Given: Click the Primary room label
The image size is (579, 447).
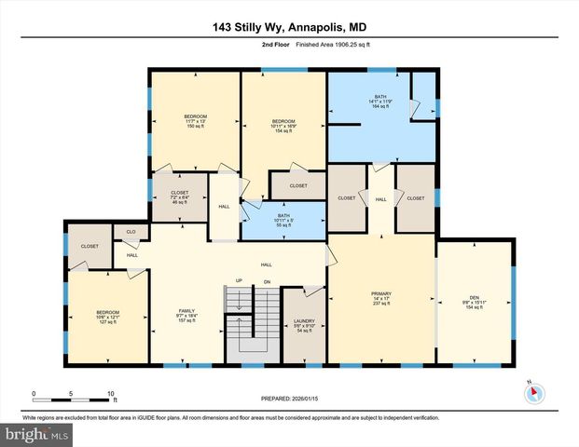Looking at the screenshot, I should tap(381, 298).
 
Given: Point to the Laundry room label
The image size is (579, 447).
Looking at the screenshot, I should tap(304, 325).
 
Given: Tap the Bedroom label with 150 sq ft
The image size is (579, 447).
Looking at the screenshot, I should tap(195, 122).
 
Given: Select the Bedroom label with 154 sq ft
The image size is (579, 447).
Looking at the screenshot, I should tap(283, 126).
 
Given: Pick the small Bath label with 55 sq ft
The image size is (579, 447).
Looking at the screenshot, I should tap(283, 222).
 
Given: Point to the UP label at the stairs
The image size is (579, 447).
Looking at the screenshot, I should tap(240, 280).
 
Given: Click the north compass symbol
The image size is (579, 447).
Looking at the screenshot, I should tap(533, 391).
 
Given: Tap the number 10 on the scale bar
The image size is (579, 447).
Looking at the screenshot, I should tap(111, 393).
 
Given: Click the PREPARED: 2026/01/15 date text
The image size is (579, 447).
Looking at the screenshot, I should tap(289, 399).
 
